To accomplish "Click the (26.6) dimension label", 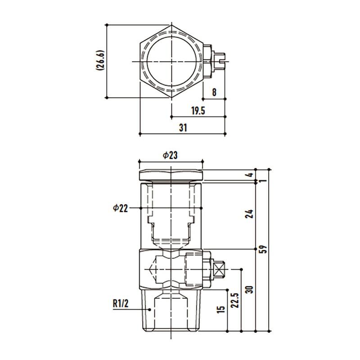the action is (x=100, y=60).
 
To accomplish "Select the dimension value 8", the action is (x=214, y=92).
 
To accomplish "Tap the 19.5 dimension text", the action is (x=198, y=111).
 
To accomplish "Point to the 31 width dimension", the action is (x=183, y=128).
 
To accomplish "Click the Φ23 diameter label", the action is (x=170, y=155).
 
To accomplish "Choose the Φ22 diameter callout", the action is (x=120, y=208).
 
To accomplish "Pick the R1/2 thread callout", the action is (x=121, y=303).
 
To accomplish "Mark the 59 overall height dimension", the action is (x=264, y=249).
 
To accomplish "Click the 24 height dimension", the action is (x=249, y=214).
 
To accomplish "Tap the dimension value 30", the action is (x=249, y=289).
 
